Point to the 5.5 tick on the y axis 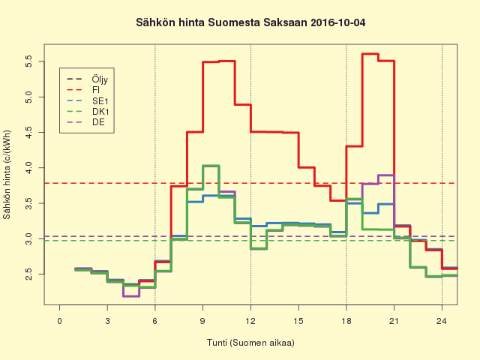click(28, 62)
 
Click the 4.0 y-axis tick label click(28, 167)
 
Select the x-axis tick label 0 click(59, 322)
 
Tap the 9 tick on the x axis click(202, 322)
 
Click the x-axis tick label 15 click(298, 322)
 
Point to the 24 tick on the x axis click(442, 322)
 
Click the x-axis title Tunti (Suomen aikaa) click(251, 343)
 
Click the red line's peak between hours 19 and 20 click(370, 54)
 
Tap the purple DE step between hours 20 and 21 click(385, 175)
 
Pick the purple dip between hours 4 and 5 click(130, 295)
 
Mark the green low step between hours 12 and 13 click(259, 248)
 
